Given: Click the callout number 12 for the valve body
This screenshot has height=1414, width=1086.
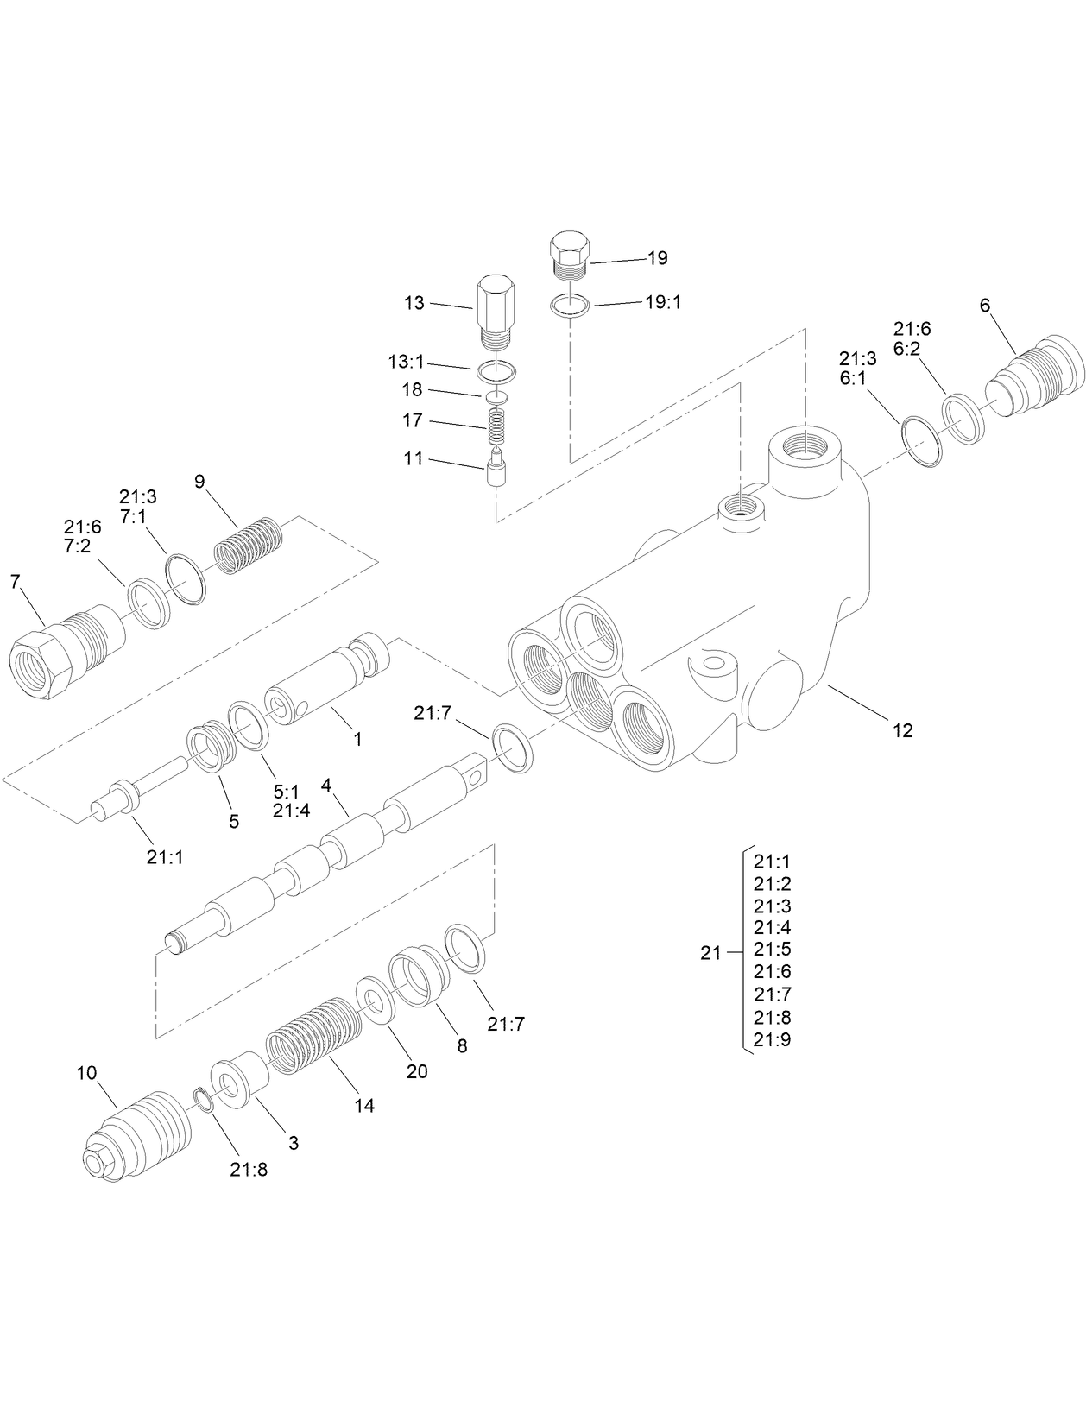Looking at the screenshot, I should click(902, 730).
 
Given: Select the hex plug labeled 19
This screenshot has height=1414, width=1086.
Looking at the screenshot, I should click(568, 254).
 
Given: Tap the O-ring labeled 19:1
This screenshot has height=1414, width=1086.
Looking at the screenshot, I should click(571, 305).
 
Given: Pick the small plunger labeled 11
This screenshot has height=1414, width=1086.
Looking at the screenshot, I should click(496, 469).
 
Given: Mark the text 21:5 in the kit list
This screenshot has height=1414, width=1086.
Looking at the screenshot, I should click(772, 950).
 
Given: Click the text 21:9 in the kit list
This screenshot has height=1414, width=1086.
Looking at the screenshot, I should click(772, 1039).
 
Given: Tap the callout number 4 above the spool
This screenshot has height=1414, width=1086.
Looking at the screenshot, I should click(326, 786).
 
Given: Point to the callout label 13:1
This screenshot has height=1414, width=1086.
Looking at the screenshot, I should click(406, 361).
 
